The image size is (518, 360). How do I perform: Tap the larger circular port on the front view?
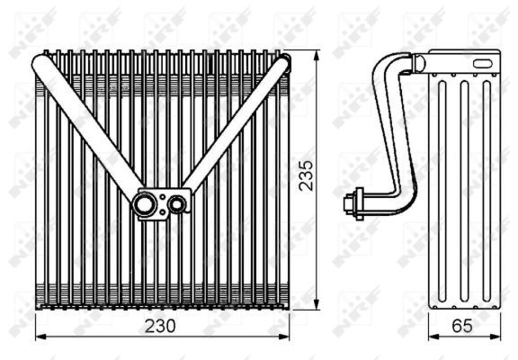pyautogui.click(x=144, y=204)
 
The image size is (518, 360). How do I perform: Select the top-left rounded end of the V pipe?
pyautogui.click(x=41, y=64)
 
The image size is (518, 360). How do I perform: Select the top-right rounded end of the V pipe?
pyautogui.click(x=281, y=64)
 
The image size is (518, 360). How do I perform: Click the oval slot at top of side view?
pyautogui.click(x=481, y=63)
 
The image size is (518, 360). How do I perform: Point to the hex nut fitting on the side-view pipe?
pyautogui.click(x=354, y=202)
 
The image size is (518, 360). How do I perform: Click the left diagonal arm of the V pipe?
pyautogui.click(x=90, y=130)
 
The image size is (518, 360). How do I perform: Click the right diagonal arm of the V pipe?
pyautogui.click(x=234, y=130)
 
